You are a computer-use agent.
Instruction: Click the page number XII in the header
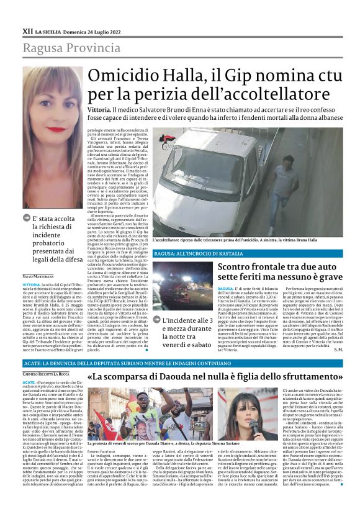(x=27, y=30)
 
